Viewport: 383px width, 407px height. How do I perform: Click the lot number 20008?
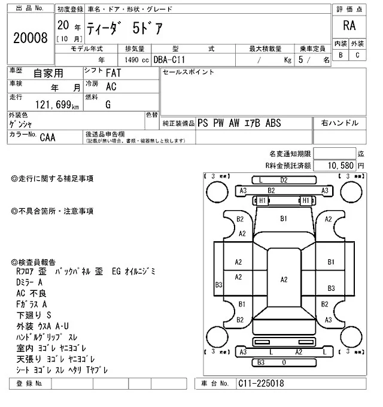point(30,38)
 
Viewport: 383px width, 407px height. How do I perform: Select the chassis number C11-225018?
point(260,383)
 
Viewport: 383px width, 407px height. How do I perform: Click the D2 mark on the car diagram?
point(284,180)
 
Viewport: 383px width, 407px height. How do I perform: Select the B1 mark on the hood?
point(284,219)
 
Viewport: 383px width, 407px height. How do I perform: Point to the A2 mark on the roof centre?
point(284,280)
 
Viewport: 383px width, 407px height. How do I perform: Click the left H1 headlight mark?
point(261,201)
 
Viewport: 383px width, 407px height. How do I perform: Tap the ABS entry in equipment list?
point(273,123)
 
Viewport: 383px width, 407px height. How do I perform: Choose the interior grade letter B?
point(341,55)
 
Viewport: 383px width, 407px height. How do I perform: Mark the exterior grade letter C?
point(357,55)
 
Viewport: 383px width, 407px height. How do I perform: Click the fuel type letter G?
point(108,104)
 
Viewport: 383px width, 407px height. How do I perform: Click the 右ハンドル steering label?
point(340,123)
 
